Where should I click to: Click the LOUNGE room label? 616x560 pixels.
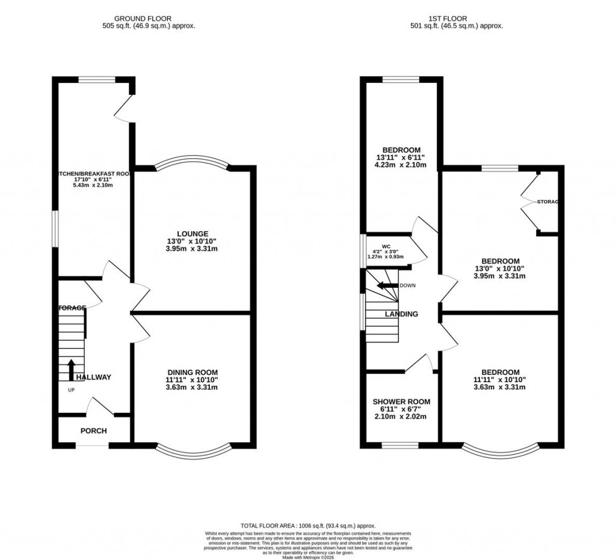192,234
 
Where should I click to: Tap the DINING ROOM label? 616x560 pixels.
192,372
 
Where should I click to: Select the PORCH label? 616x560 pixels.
93,431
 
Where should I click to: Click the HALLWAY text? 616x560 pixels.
93,377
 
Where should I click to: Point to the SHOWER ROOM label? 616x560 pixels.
401,401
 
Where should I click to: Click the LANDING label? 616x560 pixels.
401,314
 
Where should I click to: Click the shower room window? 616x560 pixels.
401,445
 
